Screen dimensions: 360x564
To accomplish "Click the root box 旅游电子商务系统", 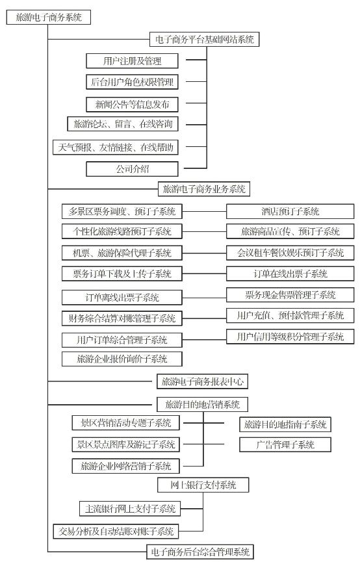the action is coord(49,17).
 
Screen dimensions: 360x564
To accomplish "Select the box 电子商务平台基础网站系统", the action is coord(204,39).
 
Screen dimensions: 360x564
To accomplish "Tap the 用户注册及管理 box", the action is coord(132,61).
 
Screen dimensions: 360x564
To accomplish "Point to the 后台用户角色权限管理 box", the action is coord(132,82).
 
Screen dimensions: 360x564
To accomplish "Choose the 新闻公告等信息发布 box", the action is coord(132,105).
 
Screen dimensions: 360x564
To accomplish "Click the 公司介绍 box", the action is coord(132,169).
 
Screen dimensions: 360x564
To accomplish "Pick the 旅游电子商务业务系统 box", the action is coord(204,189).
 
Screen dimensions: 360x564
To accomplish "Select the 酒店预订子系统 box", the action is coord(290,212).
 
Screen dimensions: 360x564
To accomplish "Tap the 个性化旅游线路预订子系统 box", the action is coord(122,231).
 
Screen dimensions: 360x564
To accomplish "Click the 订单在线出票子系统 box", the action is coord(290,274).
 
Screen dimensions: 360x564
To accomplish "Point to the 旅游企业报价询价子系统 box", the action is coord(122,359).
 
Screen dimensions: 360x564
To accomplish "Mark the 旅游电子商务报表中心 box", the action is coord(203,381).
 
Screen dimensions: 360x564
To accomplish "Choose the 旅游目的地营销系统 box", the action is coord(203,404).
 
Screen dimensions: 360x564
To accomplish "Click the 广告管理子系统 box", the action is coord(285,444).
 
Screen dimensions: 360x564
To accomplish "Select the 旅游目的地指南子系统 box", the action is coord(285,424).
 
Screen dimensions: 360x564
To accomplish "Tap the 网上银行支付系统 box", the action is coord(203,485).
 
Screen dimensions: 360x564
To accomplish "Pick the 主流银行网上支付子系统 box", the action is coord(130,509).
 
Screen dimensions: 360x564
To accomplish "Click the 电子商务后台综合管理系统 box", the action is coord(200,552).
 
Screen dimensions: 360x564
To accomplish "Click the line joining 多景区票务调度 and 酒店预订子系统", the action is coord(204,212).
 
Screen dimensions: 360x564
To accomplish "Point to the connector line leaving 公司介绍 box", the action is coord(196,168).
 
